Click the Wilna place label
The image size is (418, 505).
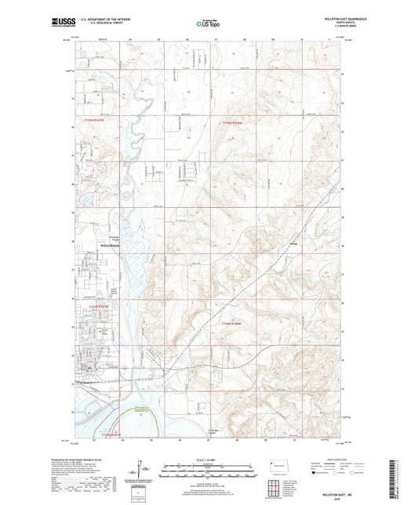(294, 245)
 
